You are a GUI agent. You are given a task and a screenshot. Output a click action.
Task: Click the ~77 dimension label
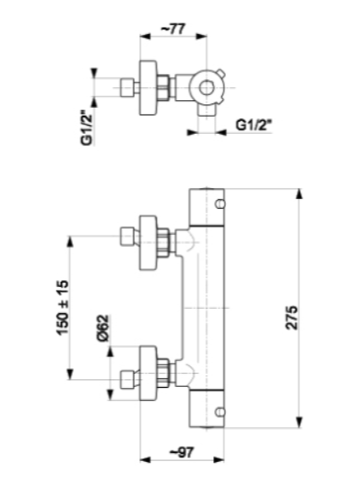(x=173, y=29)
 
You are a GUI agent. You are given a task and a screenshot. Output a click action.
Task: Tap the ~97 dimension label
(x=182, y=451)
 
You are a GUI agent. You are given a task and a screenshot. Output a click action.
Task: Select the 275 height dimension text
(x=291, y=318)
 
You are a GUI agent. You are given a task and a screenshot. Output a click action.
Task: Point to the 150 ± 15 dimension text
(x=62, y=307)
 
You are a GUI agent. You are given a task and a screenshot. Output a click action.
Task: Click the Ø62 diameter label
(x=103, y=328)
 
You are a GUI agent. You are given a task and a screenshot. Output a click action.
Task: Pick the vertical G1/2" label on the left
(x=87, y=128)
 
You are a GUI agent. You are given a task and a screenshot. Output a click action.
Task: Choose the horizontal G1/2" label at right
(x=254, y=125)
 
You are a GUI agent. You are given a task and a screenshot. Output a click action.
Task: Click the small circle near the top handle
(x=220, y=204)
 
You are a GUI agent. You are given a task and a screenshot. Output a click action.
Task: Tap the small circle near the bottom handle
(x=220, y=411)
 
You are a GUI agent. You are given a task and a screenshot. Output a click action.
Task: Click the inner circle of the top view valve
(x=206, y=88)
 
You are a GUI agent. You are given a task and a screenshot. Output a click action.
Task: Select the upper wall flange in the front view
(x=147, y=243)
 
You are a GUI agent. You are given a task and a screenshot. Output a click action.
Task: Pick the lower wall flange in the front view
(x=147, y=373)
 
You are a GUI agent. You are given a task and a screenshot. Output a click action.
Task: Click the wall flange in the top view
(x=147, y=88)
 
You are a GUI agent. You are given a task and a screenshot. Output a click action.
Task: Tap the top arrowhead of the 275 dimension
(x=299, y=194)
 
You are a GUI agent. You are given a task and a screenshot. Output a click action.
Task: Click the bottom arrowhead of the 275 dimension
(x=299, y=423)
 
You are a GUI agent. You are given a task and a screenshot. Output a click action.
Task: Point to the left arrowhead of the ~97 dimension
(x=145, y=459)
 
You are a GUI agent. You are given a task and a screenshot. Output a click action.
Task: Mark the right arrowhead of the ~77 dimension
(x=202, y=37)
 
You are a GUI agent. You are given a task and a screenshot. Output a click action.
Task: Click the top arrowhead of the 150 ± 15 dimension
(x=70, y=242)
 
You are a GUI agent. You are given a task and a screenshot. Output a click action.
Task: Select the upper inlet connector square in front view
(x=127, y=237)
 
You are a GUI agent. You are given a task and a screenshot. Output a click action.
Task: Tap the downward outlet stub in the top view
(x=207, y=110)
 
